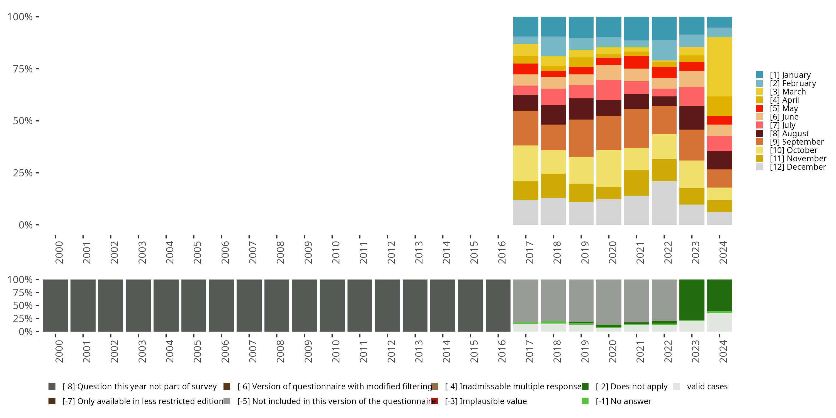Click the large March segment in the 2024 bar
[719, 67]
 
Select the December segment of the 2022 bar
[664, 203]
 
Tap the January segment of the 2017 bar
[525, 26]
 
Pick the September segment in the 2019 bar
[581, 138]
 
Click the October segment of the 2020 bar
[609, 168]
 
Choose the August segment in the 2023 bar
[692, 118]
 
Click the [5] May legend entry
[783, 108]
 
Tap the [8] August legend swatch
[759, 133]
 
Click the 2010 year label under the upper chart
[336, 252]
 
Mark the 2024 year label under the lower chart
[723, 351]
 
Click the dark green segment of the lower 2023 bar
[692, 300]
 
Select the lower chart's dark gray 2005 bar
[193, 305]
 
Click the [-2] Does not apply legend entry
[631, 387]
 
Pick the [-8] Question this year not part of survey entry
[139, 387]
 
